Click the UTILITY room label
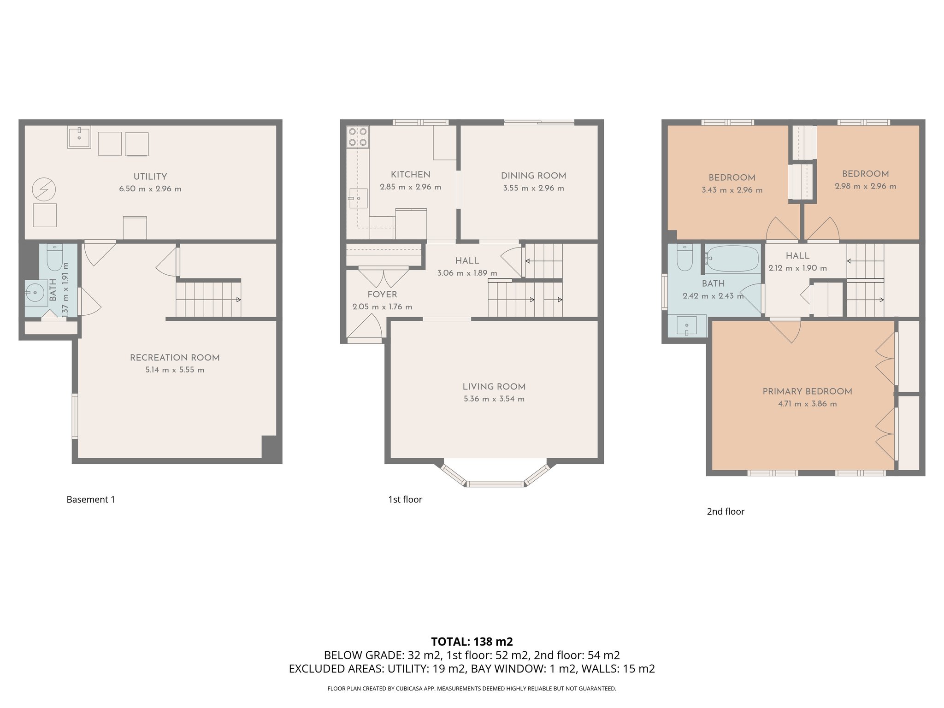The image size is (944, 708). (x=150, y=177)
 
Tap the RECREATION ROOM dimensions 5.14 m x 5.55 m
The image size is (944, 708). (x=175, y=370)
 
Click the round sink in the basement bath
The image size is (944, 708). (x=35, y=293)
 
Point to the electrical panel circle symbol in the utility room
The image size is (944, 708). (x=44, y=189)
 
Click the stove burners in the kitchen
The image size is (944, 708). (x=358, y=137)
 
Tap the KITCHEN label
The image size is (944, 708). (x=410, y=175)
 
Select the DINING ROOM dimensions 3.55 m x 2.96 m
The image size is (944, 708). (x=533, y=188)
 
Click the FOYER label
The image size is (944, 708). (x=382, y=295)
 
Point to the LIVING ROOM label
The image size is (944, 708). (x=494, y=387)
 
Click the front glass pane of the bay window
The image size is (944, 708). (x=495, y=484)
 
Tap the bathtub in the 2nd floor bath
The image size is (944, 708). (x=732, y=259)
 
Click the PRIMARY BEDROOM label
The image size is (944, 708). (x=807, y=391)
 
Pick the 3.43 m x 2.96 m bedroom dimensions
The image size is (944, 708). (x=732, y=190)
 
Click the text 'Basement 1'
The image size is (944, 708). (x=91, y=500)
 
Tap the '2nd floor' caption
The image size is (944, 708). (x=726, y=512)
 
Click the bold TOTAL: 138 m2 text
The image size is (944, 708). (x=472, y=642)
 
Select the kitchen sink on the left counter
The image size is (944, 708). (x=358, y=198)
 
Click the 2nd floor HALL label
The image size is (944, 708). (x=797, y=256)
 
